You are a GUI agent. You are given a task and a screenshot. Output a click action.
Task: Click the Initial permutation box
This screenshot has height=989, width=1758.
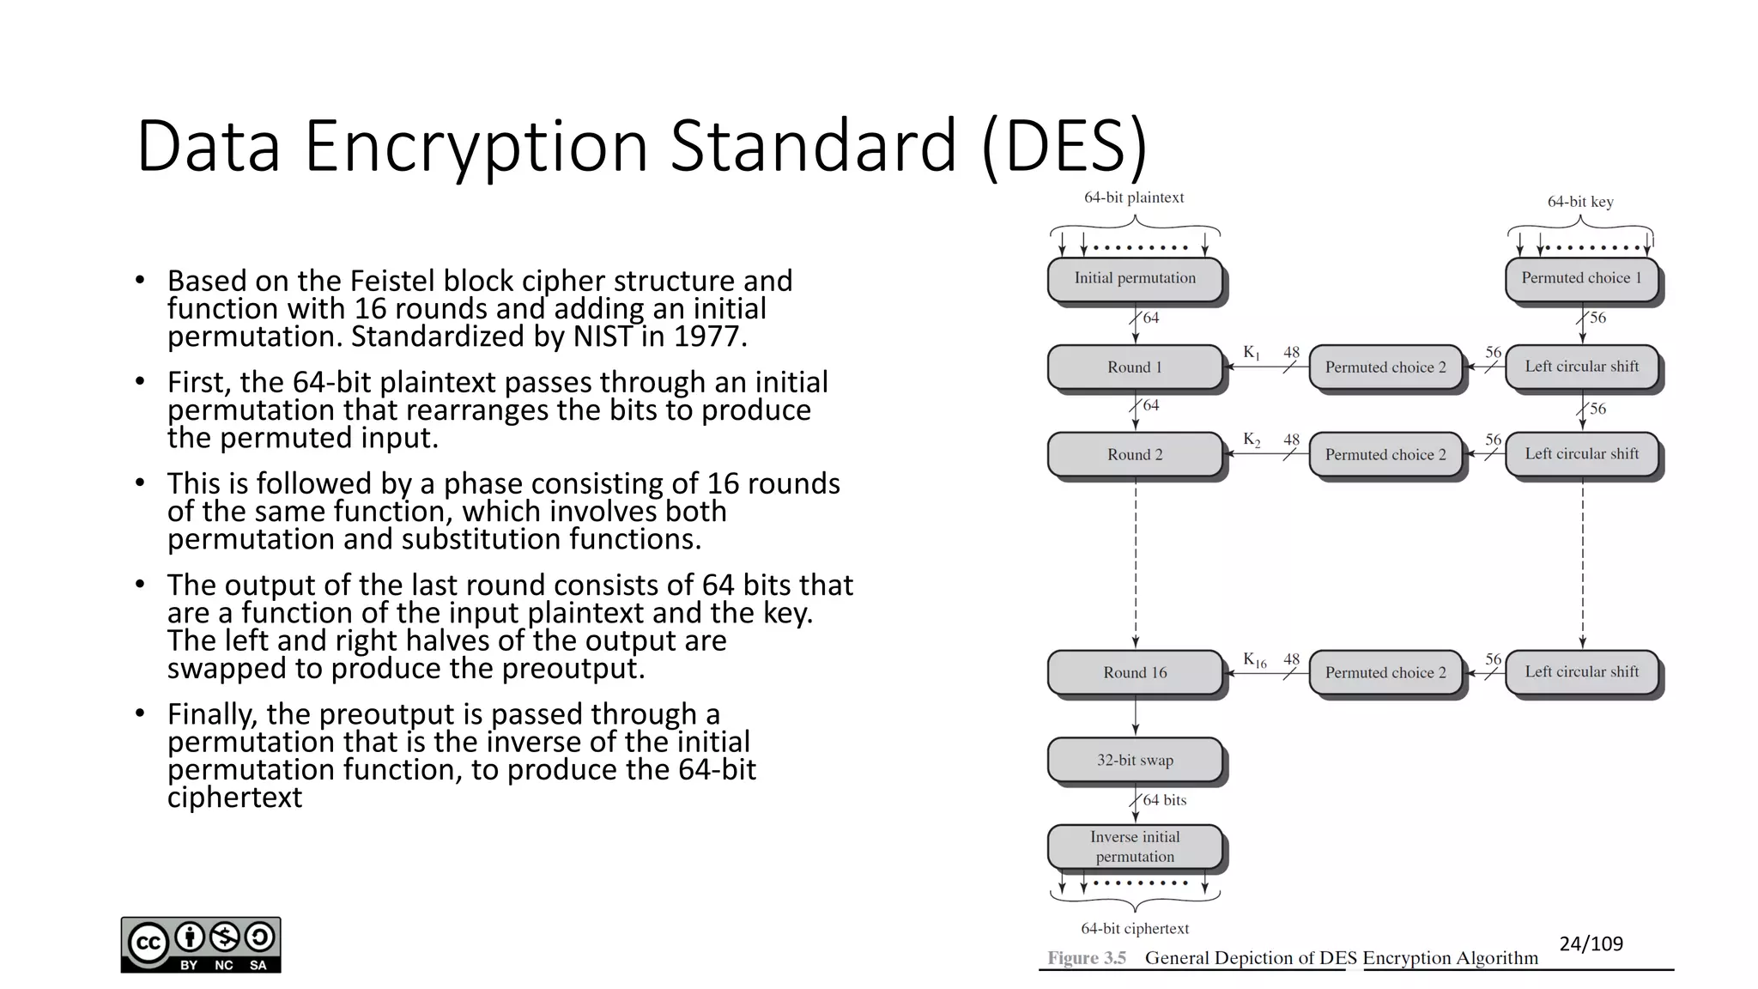click(x=1135, y=278)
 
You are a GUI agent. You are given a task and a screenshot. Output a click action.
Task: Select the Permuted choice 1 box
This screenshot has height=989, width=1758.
click(x=1581, y=278)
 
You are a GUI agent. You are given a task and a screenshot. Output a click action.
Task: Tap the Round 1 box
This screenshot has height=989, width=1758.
click(x=1135, y=367)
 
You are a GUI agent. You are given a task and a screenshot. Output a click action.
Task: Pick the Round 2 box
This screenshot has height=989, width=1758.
click(x=1135, y=455)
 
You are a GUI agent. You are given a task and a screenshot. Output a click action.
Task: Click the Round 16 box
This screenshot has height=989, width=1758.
click(x=1135, y=673)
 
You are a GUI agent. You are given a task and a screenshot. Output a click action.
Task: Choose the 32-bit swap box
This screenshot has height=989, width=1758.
click(x=1135, y=761)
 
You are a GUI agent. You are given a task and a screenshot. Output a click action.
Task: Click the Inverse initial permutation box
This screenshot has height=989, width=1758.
click(x=1135, y=846)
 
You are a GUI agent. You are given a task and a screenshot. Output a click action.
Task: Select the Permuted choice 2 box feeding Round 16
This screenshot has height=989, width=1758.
click(x=1385, y=673)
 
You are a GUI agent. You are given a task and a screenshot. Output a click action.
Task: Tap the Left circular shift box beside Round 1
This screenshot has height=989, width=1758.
click(x=1581, y=367)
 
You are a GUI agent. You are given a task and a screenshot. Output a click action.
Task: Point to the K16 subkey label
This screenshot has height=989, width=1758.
click(x=1254, y=660)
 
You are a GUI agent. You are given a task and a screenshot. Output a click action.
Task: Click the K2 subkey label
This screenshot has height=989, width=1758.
click(x=1252, y=440)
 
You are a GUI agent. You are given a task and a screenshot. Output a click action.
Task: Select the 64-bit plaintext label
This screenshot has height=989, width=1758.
click(x=1134, y=197)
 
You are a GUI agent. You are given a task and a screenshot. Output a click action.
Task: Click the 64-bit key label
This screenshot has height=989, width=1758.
click(x=1580, y=202)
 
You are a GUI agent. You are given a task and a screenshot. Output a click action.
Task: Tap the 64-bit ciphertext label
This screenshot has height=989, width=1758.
click(x=1135, y=929)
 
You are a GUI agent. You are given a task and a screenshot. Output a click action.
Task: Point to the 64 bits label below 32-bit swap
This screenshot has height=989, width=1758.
click(x=1165, y=800)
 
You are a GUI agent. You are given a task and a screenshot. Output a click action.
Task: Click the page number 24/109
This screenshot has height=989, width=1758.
click(x=1591, y=944)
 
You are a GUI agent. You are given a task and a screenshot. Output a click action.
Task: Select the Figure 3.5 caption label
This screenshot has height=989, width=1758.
click(x=1087, y=958)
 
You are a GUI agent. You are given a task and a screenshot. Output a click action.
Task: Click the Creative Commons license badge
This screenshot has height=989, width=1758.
click(x=201, y=944)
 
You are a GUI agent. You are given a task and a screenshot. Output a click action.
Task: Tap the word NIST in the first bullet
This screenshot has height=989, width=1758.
click(x=604, y=337)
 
